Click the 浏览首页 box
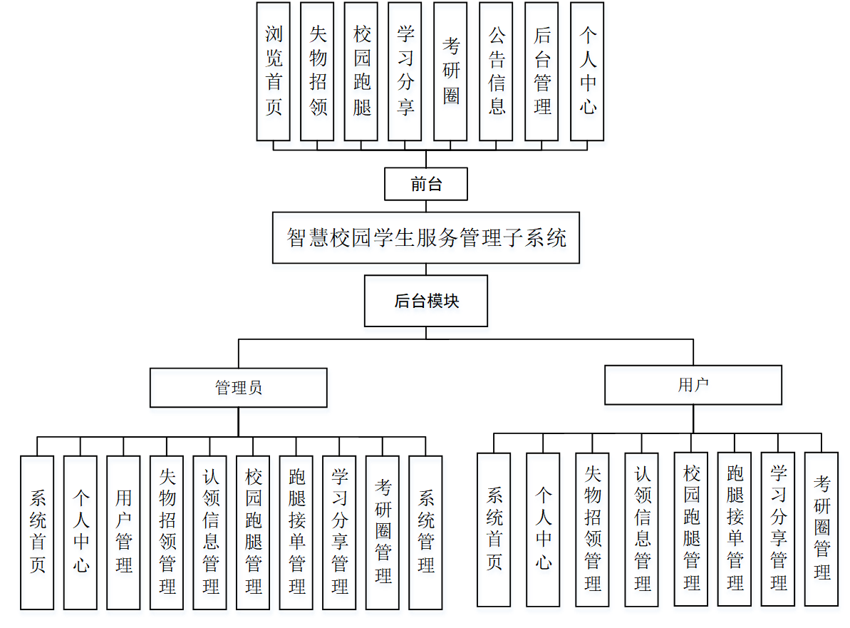point(274,71)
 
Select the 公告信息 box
point(497,71)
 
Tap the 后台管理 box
point(541,71)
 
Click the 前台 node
point(426,185)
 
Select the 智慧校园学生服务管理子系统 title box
point(426,237)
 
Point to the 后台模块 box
point(426,301)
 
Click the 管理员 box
point(239,388)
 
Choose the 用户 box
point(693,385)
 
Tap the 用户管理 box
point(124,532)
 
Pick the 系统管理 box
point(426,532)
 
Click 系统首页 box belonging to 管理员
point(37,532)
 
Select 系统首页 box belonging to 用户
point(494,530)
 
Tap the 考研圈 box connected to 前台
point(450,71)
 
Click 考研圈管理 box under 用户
point(822,529)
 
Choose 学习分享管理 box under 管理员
point(340,532)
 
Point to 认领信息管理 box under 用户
point(642,530)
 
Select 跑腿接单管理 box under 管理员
point(296,532)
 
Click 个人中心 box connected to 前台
point(587,71)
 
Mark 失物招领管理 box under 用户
point(593,530)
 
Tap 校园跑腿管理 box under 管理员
point(253,532)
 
